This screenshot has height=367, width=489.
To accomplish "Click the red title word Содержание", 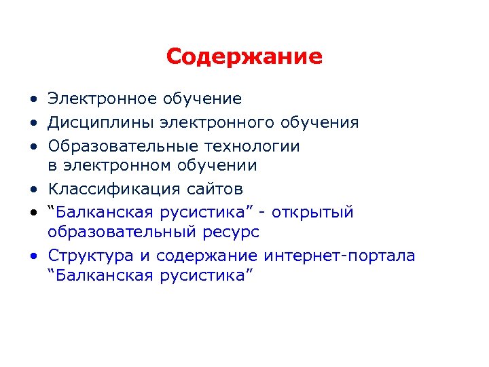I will [x=244, y=56].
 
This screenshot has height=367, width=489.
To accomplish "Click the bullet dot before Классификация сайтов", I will [x=33, y=189].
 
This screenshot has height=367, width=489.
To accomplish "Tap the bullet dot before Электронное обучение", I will [x=33, y=100].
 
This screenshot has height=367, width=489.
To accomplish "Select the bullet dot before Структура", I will [x=33, y=256].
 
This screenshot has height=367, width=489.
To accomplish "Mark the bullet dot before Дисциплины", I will [x=33, y=124].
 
